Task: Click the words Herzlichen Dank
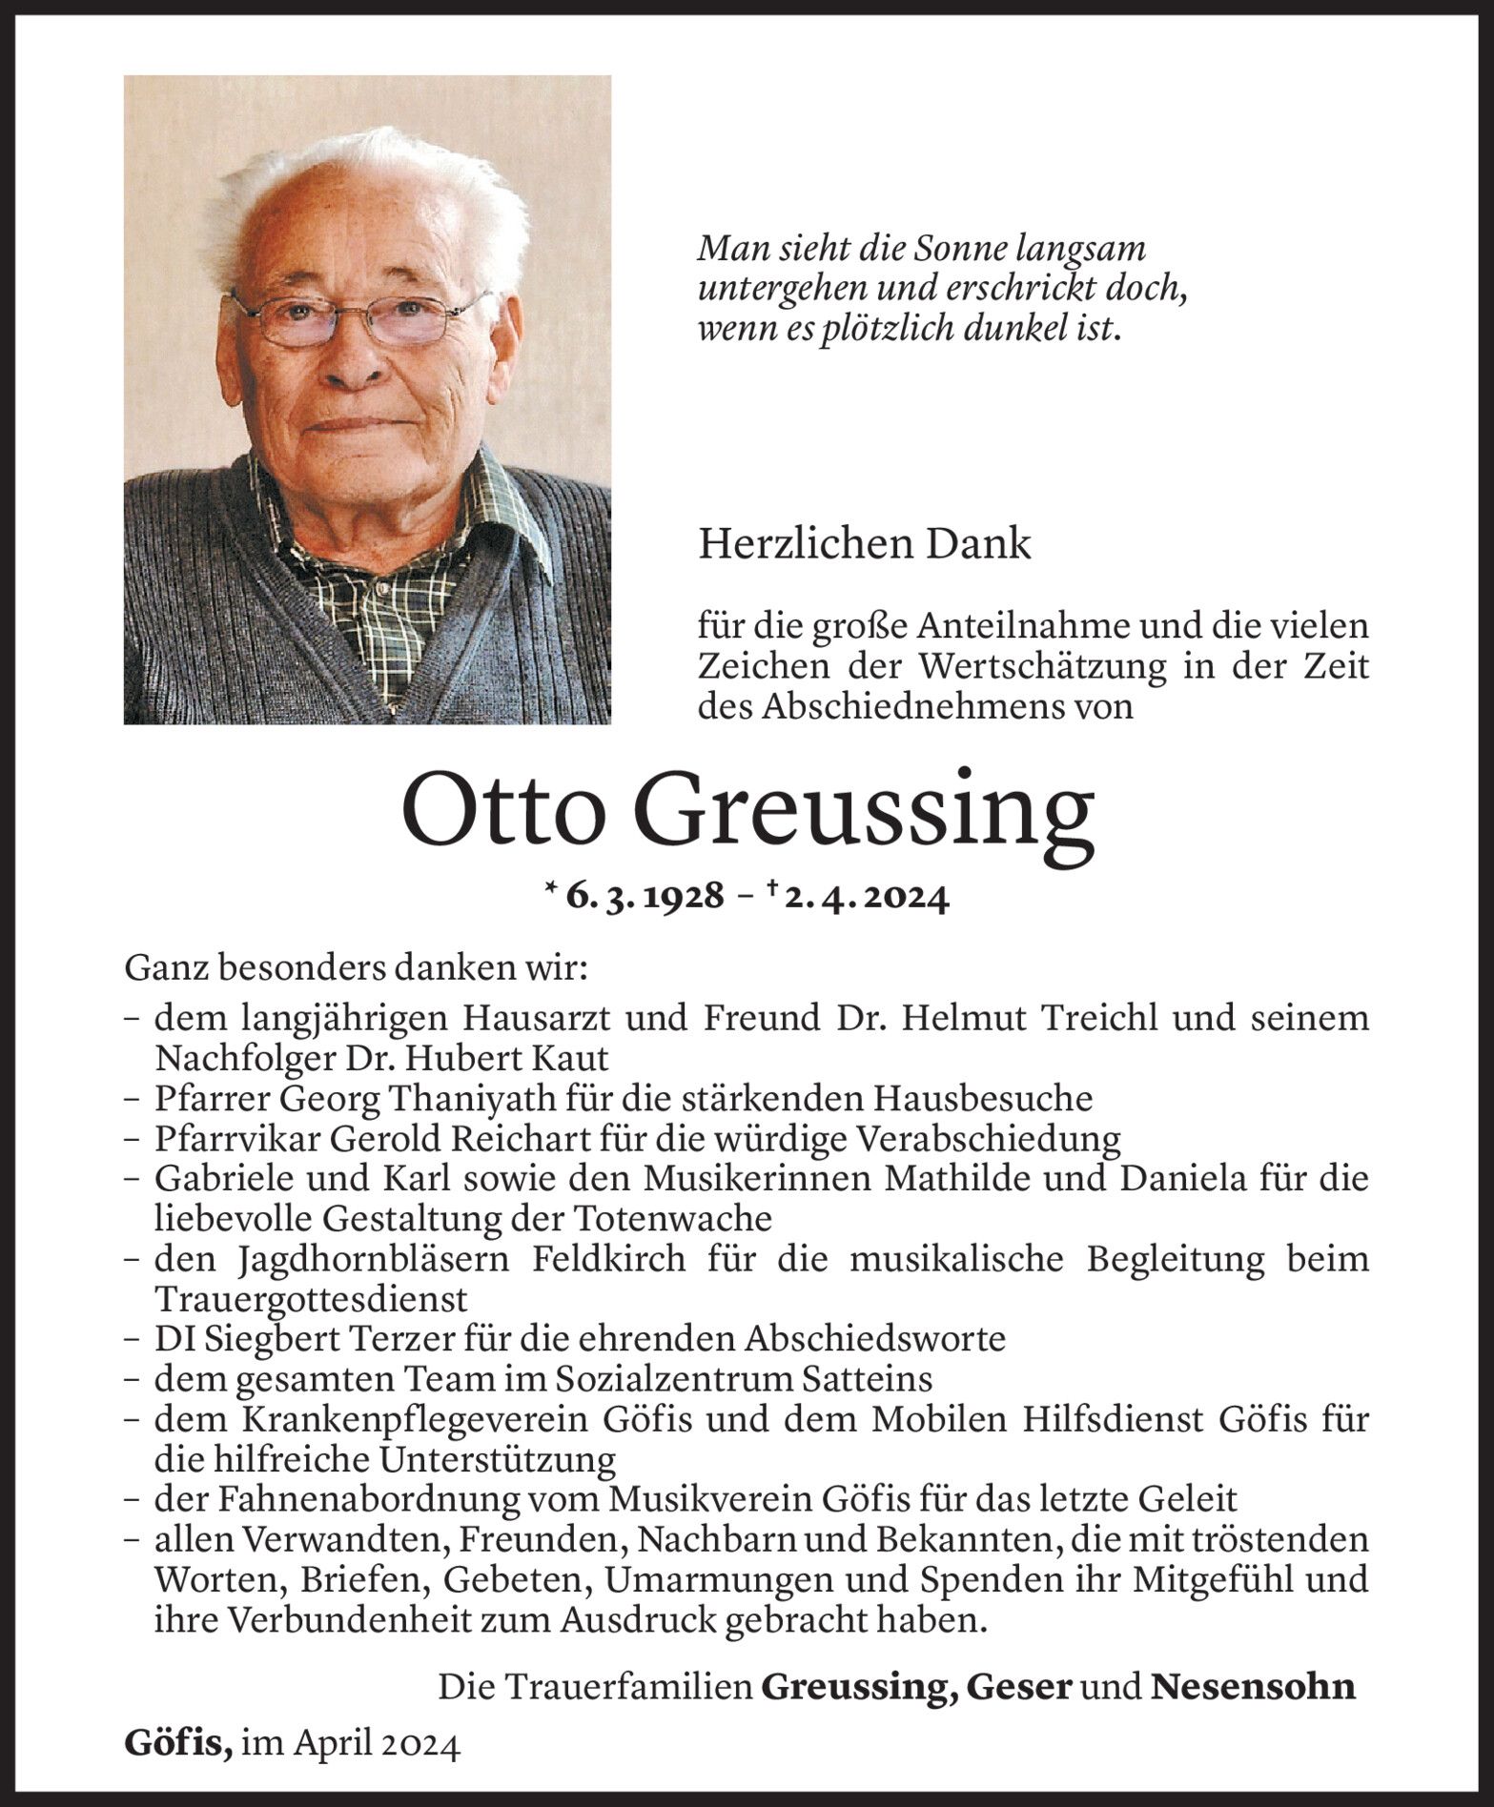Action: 865,544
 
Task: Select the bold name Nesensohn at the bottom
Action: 1253,1687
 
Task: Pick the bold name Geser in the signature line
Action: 1019,1687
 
